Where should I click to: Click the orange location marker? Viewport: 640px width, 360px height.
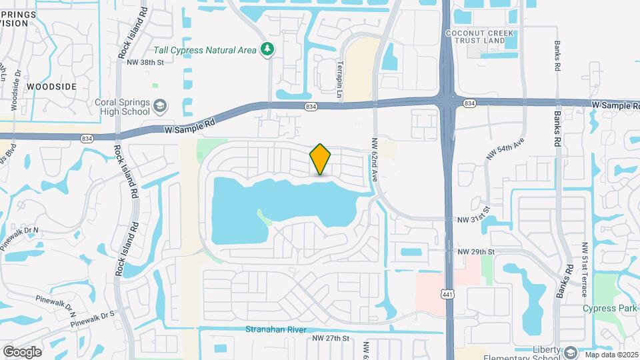coord(320,159)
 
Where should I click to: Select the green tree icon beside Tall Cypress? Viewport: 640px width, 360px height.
coord(267,48)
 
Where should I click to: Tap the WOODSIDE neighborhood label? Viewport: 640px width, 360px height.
coord(51,87)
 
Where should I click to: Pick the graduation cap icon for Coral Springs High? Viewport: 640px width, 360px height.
coord(160,106)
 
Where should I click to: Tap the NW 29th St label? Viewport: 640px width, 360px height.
coord(477,251)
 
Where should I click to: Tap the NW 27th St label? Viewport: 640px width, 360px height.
coord(331,339)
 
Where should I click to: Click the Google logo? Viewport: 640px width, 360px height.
coord(23,351)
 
